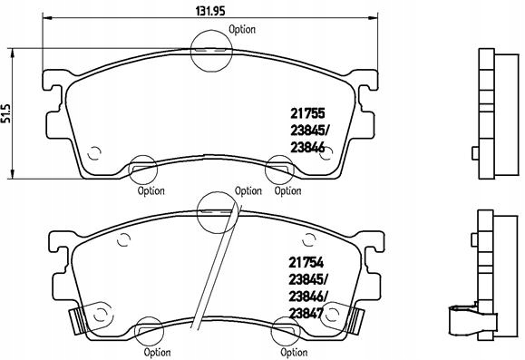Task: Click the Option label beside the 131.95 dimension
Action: (242, 29)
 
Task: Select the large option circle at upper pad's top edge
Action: (212, 49)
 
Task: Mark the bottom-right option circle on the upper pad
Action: (277, 169)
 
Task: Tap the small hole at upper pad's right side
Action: (329, 151)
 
